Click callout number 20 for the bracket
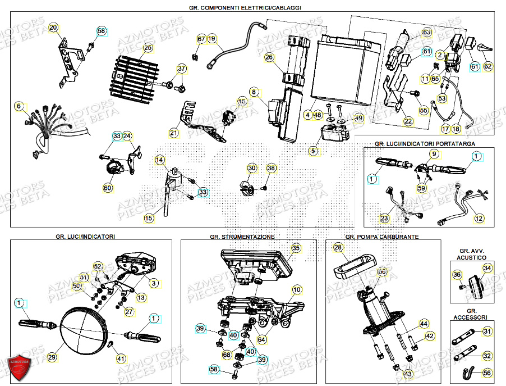coord(53,28)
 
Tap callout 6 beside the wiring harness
coord(19,106)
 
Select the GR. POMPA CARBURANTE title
coord(381,237)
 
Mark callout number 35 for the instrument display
coord(296,247)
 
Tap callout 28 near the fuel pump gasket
coord(337,247)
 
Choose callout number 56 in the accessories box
coord(486,373)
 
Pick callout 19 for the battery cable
coord(212,39)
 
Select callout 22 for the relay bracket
coord(408,121)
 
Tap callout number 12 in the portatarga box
coord(479,218)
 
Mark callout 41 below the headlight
coord(121,358)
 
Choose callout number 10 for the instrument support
coord(296,289)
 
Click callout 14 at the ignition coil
coord(160,160)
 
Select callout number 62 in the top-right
coord(487,66)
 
